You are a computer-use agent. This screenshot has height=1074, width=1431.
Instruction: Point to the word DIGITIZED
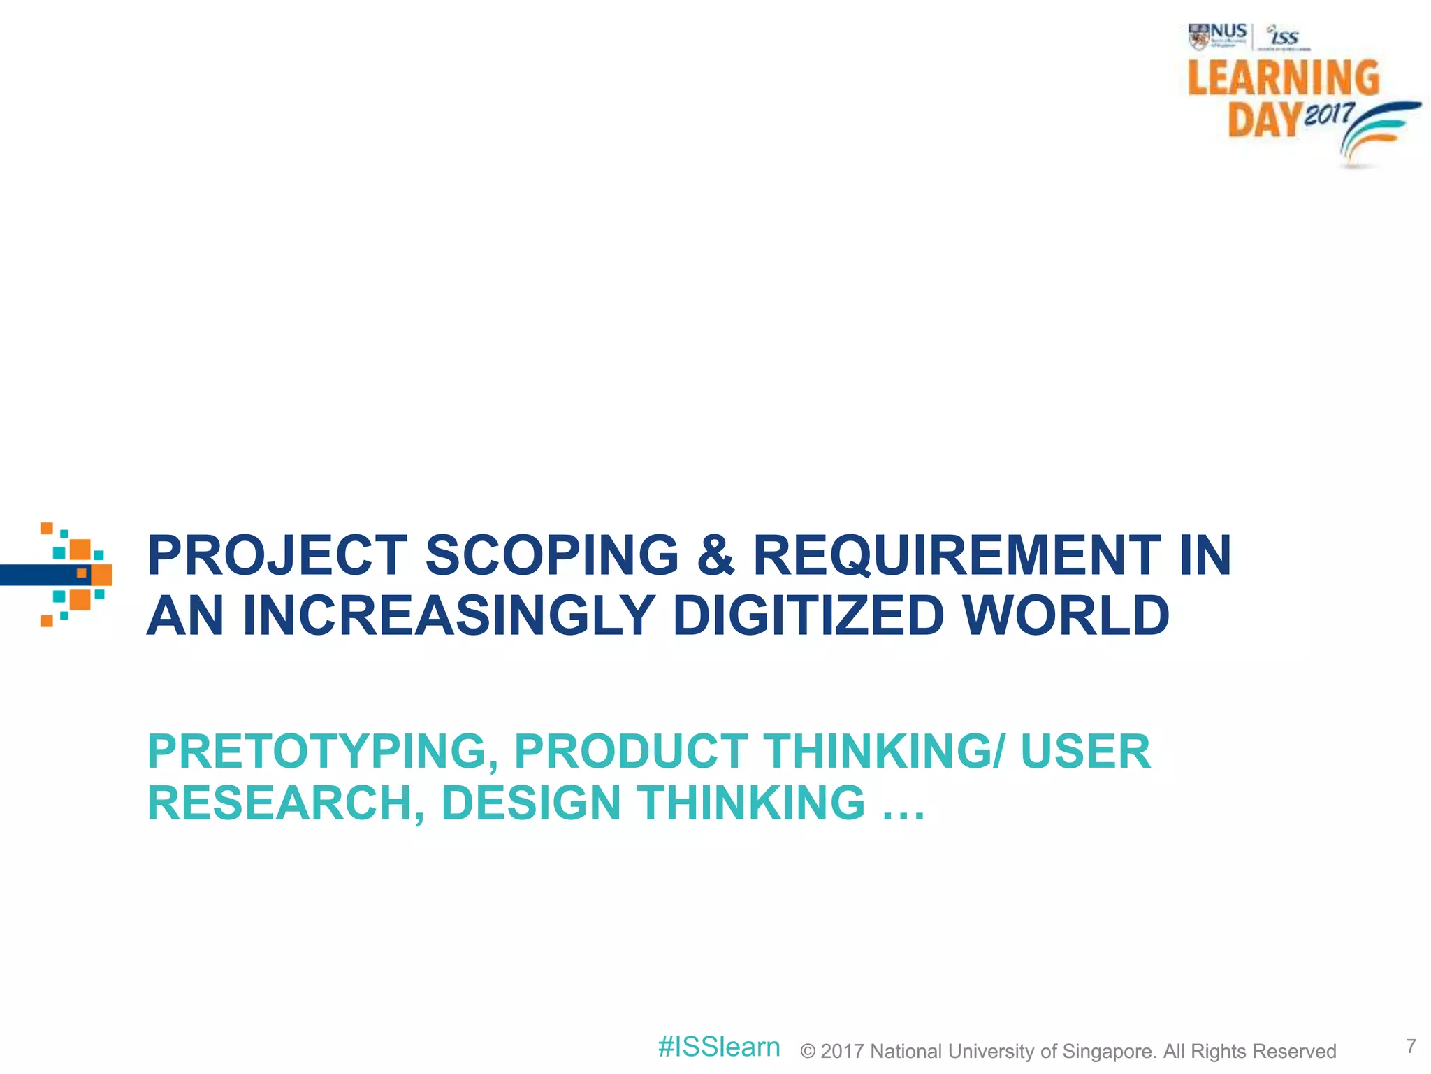[x=808, y=615]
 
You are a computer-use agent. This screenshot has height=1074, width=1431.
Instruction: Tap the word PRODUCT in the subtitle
[x=631, y=752]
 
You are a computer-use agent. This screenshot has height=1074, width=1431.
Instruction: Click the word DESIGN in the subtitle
[x=530, y=803]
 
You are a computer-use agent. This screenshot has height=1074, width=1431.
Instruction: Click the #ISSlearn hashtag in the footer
[x=719, y=1047]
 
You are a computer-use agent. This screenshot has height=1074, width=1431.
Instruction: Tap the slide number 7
[x=1411, y=1045]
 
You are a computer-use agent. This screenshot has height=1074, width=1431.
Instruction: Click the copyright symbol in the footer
[x=808, y=1052]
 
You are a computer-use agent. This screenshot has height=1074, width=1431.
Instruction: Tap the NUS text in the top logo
[x=1228, y=31]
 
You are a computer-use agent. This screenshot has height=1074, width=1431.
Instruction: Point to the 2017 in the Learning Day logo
[x=1329, y=114]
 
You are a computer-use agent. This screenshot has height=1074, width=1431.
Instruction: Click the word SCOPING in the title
[x=552, y=555]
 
